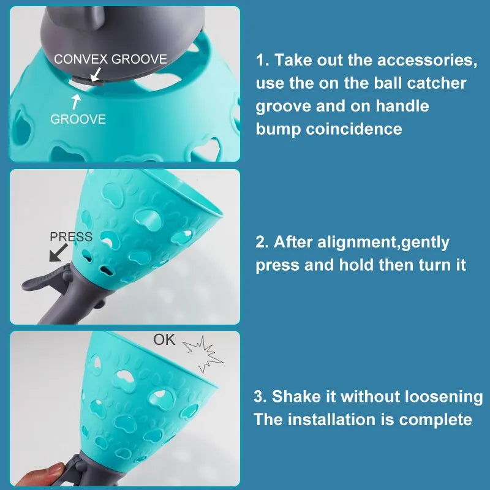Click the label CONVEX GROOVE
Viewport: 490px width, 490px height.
coord(110,59)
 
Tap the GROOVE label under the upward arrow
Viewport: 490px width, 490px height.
coord(78,119)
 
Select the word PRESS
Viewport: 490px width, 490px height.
coord(71,237)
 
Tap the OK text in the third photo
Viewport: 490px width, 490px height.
coord(164,339)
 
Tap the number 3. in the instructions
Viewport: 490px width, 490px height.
coord(261,396)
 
